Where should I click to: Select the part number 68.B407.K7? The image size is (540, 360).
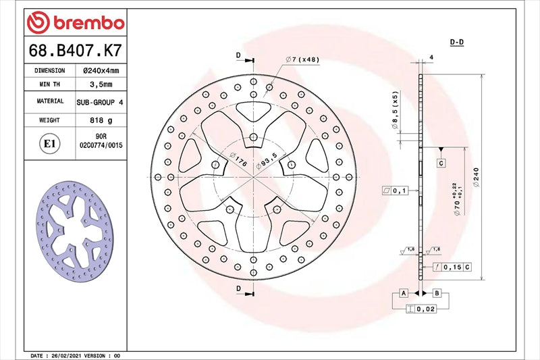coord(75,50)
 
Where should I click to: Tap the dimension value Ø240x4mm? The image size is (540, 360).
coord(101,70)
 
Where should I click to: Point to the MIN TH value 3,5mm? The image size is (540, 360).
coord(101,84)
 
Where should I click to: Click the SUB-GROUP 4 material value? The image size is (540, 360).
coord(101,101)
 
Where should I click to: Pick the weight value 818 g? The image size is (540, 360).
coord(101,120)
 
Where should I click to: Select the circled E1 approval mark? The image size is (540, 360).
coord(49,144)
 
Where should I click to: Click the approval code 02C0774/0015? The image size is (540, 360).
coord(101,145)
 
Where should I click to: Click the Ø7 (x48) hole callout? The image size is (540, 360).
coord(302,59)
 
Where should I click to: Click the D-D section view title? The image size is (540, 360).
coord(457,42)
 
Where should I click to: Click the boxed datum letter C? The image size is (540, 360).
coord(440,163)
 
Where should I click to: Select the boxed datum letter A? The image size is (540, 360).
coord(404,293)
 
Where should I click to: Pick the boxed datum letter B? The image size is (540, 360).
coord(436,293)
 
